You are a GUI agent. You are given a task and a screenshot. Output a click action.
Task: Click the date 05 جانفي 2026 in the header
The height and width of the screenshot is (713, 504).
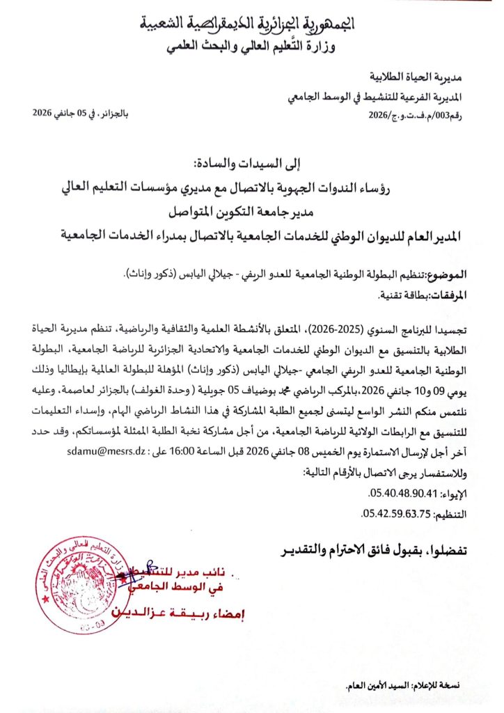point(66,116)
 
